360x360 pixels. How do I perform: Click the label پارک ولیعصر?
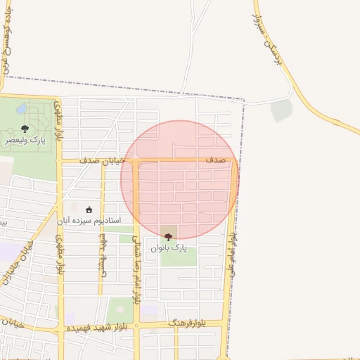25,141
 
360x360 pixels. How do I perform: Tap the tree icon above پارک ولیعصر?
25,129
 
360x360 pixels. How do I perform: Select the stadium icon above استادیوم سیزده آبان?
89,209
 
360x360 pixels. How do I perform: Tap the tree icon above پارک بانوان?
167,237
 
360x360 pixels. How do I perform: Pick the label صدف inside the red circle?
214,161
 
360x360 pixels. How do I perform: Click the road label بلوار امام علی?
233,253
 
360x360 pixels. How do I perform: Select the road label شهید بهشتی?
103,254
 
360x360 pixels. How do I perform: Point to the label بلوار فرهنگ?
187,323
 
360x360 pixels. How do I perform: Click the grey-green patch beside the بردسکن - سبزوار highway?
281,110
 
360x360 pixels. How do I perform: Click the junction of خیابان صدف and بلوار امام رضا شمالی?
135,162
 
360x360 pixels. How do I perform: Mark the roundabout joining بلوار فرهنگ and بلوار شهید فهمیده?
136,326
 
